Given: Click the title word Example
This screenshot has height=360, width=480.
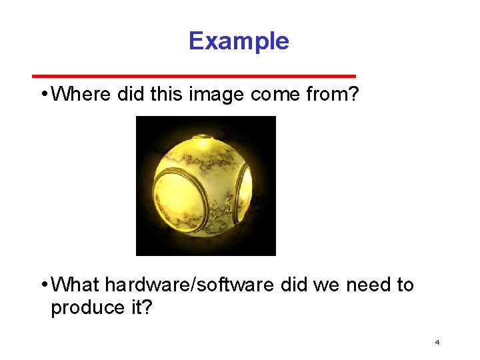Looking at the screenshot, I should click(239, 41).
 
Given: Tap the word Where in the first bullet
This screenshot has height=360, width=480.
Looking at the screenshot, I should click(81, 95).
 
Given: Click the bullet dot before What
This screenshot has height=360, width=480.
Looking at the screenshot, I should click(43, 285).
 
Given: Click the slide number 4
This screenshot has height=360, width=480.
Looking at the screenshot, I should click(437, 343).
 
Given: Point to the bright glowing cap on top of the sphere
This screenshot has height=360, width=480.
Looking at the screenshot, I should click(203, 141).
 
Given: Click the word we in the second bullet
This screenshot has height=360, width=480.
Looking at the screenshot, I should click(326, 285).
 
